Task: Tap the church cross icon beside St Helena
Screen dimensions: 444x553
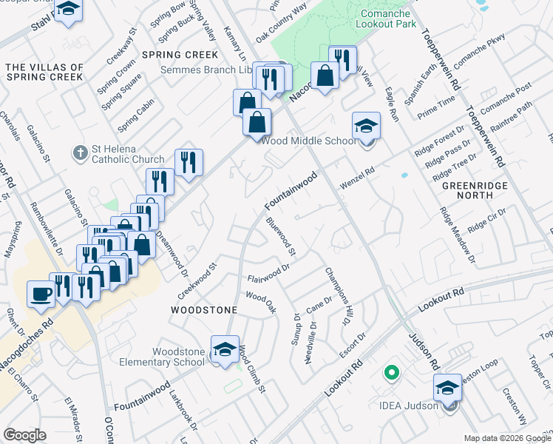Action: click(80, 154)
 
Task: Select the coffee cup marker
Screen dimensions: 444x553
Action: click(41, 293)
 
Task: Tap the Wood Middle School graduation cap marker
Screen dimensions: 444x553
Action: click(366, 126)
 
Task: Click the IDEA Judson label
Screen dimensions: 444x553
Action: click(409, 405)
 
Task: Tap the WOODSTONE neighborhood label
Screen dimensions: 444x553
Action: click(204, 309)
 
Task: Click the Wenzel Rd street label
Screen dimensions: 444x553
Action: click(358, 178)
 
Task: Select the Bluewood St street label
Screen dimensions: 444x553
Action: click(281, 237)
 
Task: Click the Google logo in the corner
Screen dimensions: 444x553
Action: click(24, 436)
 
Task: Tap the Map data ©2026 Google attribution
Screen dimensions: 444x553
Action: click(507, 438)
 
